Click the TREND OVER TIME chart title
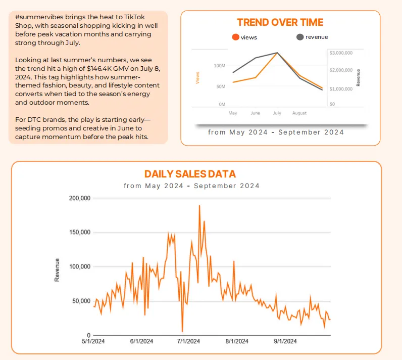(280, 22)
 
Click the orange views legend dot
(235, 37)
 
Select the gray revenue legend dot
(300, 37)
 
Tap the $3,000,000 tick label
(340, 53)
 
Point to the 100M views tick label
(219, 66)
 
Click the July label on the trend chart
(277, 113)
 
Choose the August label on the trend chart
(299, 113)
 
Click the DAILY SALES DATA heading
(190, 174)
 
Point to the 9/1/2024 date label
(285, 341)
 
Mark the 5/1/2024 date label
(93, 341)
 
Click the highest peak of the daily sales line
(199, 206)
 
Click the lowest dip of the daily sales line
(182, 331)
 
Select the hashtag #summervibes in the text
(31, 17)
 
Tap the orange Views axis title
(197, 77)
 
